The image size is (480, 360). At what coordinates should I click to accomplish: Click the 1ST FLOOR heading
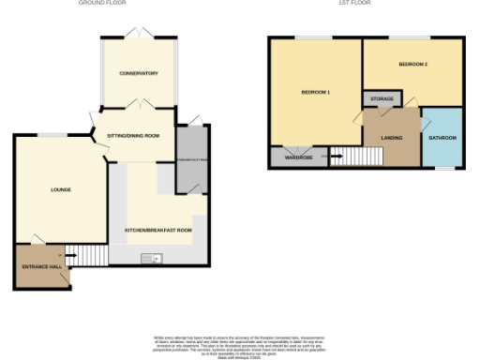tap(354, 3)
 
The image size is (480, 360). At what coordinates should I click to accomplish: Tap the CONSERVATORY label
tap(138, 73)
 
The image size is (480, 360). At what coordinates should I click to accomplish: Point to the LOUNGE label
tap(61, 190)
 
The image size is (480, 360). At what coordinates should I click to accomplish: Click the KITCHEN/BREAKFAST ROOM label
tap(158, 230)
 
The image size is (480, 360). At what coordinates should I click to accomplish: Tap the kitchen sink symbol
tap(152, 258)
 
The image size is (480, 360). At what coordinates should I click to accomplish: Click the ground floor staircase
tap(87, 254)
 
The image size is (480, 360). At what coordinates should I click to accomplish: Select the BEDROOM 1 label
tap(315, 93)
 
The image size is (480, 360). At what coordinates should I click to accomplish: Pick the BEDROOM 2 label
tap(412, 65)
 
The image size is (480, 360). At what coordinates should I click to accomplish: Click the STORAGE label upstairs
tap(382, 98)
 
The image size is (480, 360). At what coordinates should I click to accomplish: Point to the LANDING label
tap(392, 139)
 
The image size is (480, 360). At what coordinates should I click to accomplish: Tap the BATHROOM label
tap(442, 139)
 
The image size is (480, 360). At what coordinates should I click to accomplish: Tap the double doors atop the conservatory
tap(138, 35)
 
